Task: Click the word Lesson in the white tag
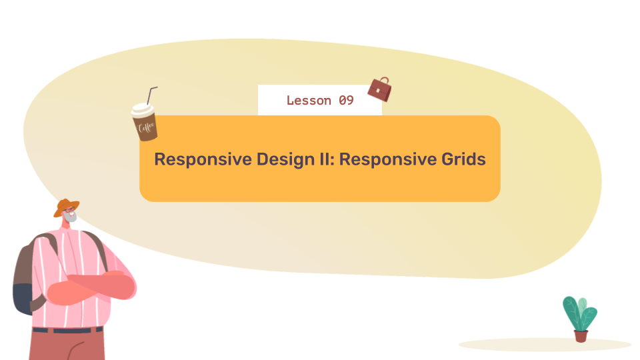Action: coord(309,101)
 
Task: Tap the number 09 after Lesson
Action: coord(346,101)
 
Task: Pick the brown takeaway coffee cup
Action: coord(145,123)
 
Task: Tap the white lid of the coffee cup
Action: coord(141,109)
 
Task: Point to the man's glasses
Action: coord(69,211)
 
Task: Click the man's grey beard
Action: coord(71,219)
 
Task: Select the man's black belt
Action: coord(67,330)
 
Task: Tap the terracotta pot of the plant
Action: coord(581,335)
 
